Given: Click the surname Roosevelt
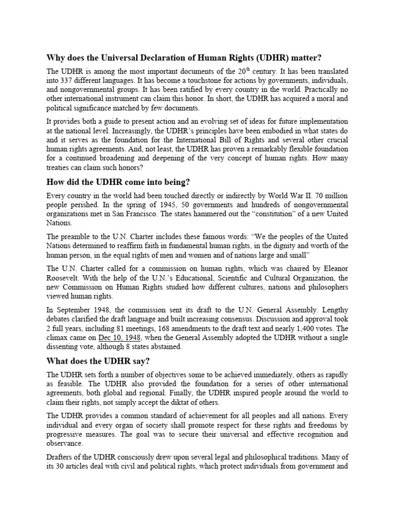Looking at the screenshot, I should tap(64, 277).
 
